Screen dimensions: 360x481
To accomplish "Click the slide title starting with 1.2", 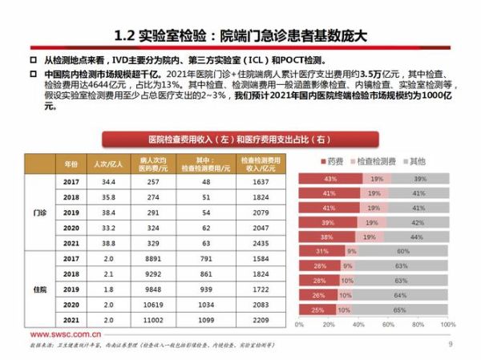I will point(240,35).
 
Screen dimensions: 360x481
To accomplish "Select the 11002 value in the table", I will point(157,319).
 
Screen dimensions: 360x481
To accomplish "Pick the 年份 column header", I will point(70,163).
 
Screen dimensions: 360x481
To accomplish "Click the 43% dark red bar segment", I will point(330,178).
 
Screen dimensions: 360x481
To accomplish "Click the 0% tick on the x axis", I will point(299,325).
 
